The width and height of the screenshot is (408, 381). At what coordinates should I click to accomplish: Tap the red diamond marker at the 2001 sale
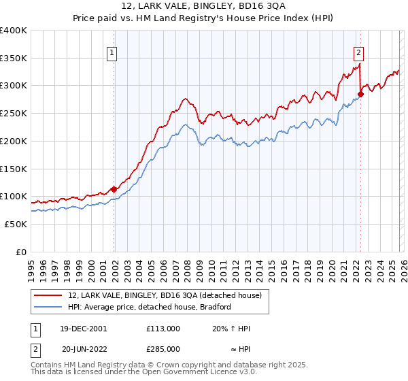tap(114, 189)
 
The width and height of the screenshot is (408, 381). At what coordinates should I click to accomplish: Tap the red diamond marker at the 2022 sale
tap(360, 95)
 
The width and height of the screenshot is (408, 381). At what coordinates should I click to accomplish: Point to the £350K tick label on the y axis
tap(14, 59)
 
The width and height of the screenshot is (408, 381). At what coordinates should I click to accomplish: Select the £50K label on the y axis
tap(16, 224)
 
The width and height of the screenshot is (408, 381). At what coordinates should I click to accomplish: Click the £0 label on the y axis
tap(21, 252)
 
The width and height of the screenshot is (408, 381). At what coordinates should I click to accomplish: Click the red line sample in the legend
tap(48, 295)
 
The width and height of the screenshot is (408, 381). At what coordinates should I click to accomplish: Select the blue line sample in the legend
tap(48, 307)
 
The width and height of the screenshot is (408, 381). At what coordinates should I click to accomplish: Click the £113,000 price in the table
tap(163, 329)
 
